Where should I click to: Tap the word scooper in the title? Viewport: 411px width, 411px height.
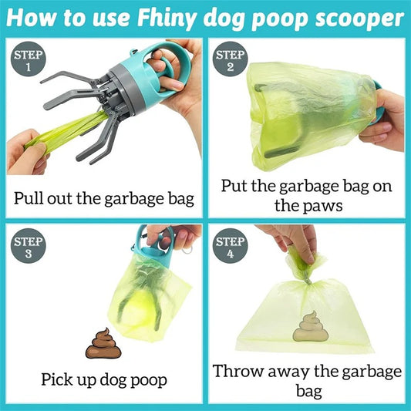tap(357, 18)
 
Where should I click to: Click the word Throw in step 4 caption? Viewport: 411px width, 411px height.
tap(239, 371)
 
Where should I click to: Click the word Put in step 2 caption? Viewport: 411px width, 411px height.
tap(235, 186)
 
